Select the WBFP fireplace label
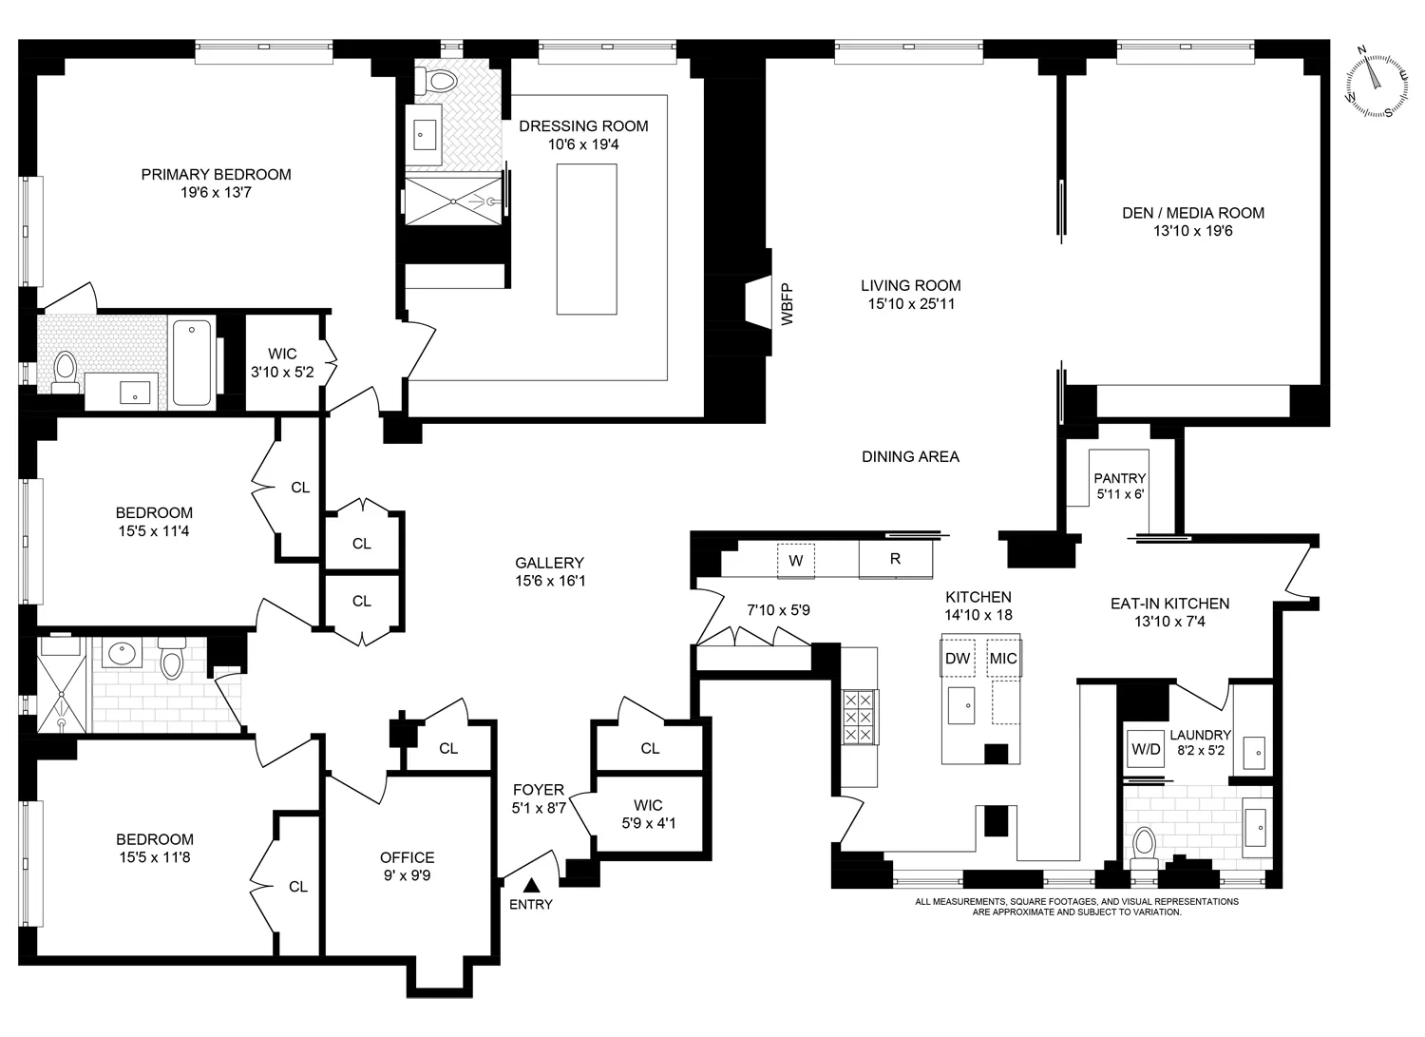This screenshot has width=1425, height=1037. click(786, 305)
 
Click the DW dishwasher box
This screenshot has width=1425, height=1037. click(958, 658)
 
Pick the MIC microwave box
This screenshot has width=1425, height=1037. click(1003, 658)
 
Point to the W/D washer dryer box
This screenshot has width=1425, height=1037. click(1146, 749)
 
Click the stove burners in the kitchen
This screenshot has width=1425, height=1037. click(859, 720)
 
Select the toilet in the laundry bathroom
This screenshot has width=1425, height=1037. click(1146, 845)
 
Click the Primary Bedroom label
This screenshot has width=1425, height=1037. click(216, 174)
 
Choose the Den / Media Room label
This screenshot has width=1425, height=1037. click(1193, 213)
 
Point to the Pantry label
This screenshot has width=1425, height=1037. click(1119, 478)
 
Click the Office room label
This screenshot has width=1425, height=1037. click(407, 857)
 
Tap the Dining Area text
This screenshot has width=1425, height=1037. click(910, 456)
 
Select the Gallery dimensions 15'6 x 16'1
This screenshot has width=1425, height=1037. click(549, 581)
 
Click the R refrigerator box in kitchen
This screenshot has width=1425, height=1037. click(895, 560)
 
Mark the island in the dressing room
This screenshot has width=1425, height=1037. click(586, 239)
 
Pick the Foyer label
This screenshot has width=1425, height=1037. click(539, 790)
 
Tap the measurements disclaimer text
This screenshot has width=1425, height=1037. click(1076, 907)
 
